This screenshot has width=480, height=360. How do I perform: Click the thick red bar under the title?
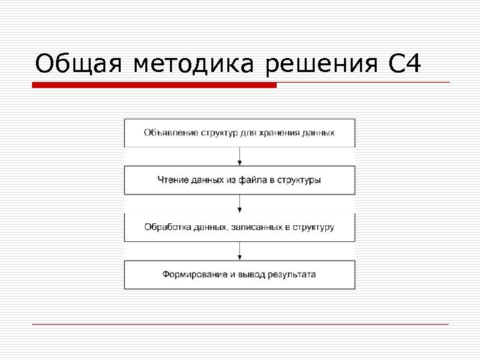click(154, 85)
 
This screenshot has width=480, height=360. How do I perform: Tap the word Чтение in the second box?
click(171, 180)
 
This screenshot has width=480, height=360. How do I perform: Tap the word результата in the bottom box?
click(289, 274)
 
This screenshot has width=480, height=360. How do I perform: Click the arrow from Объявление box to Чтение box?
click(240, 156)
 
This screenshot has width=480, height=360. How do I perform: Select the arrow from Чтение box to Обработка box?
click(240, 203)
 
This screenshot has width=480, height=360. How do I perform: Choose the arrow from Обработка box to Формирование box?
click(240, 251)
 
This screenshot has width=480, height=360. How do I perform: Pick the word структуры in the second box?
click(301, 180)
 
